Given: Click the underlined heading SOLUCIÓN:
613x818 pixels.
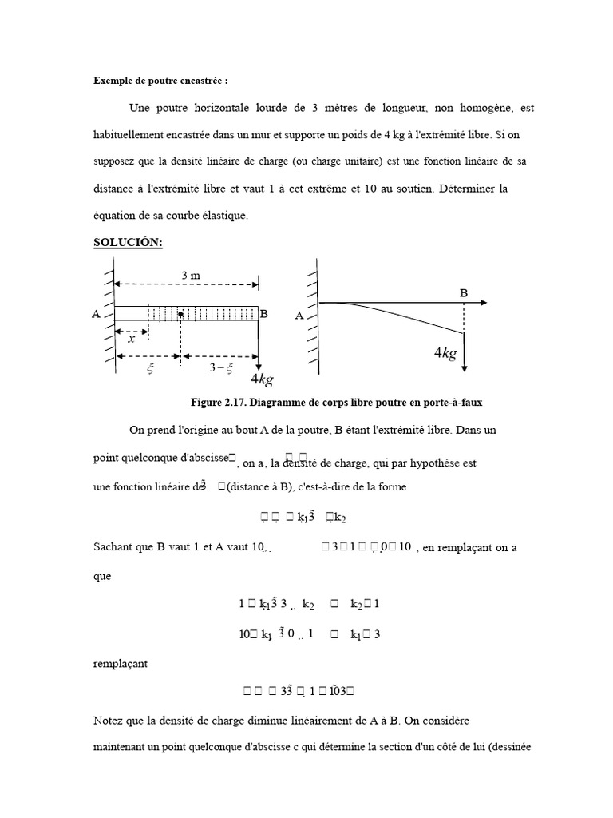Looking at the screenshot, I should (x=128, y=242).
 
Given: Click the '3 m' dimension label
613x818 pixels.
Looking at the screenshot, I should (x=190, y=276).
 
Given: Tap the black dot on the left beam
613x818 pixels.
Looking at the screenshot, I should (x=181, y=314).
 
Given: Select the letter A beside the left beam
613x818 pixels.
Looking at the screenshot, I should (x=97, y=315).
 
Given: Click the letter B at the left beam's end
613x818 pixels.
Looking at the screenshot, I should (x=264, y=315).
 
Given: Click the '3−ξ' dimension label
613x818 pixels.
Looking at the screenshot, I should (x=220, y=367).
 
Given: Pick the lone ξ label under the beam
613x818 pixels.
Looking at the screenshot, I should (x=148, y=368).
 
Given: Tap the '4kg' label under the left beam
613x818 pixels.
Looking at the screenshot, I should (x=266, y=379).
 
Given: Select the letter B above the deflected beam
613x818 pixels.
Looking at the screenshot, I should (x=463, y=292).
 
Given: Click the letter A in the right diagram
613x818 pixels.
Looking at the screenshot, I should (x=300, y=315).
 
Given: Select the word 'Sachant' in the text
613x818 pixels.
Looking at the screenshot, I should (x=112, y=546).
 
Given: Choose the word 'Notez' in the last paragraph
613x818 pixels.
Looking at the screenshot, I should (x=109, y=721).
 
